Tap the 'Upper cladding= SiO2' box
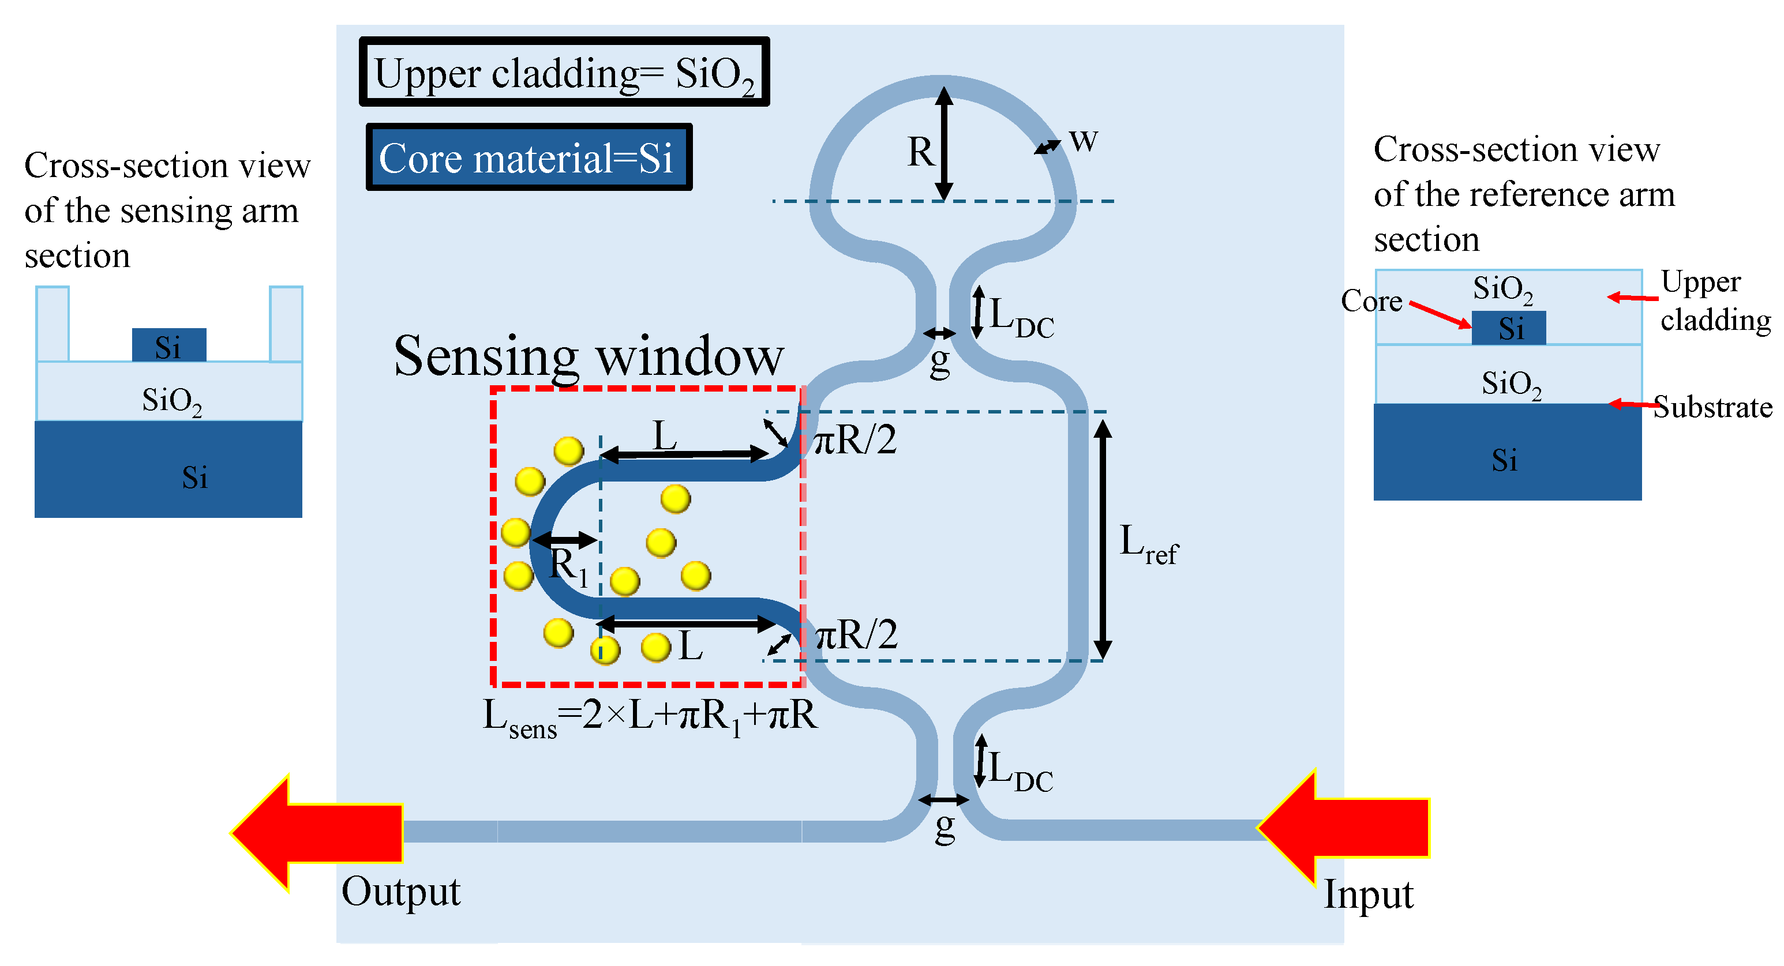click(564, 72)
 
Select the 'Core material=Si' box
click(529, 157)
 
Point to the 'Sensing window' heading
click(588, 356)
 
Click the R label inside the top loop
click(920, 152)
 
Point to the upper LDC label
click(1021, 317)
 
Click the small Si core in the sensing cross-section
click(169, 345)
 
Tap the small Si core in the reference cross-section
click(1508, 328)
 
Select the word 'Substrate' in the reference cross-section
click(1712, 407)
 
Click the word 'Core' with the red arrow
click(1371, 301)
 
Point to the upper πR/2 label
click(854, 439)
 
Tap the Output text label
click(400, 892)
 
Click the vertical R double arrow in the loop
click(944, 144)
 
